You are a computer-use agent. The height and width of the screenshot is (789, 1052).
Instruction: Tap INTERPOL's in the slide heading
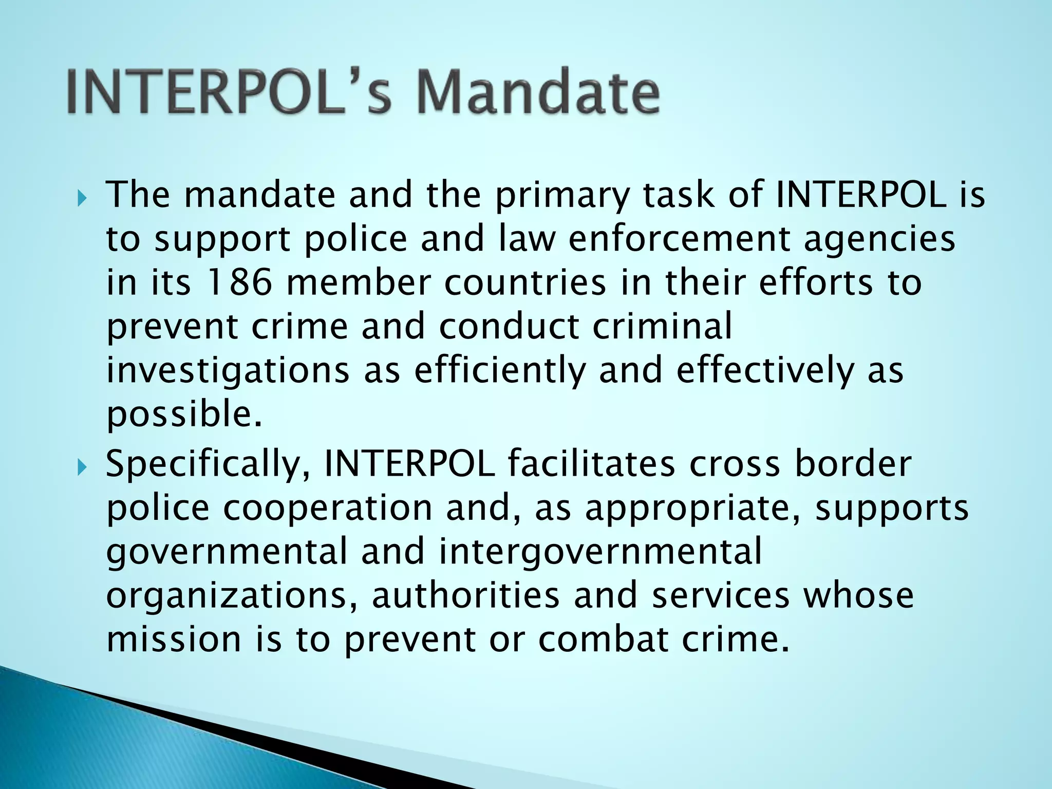click(x=229, y=92)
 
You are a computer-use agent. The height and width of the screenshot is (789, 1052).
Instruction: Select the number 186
click(x=238, y=283)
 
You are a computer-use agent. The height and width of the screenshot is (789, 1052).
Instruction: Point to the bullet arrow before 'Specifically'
click(x=82, y=467)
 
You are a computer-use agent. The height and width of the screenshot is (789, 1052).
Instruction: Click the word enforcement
click(x=679, y=239)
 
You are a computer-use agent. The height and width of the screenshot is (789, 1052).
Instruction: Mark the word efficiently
click(x=500, y=371)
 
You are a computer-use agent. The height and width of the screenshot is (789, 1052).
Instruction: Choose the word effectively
click(x=764, y=371)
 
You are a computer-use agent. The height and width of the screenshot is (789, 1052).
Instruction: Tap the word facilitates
click(x=591, y=464)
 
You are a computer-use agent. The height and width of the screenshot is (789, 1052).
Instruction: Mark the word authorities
click(x=465, y=595)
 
